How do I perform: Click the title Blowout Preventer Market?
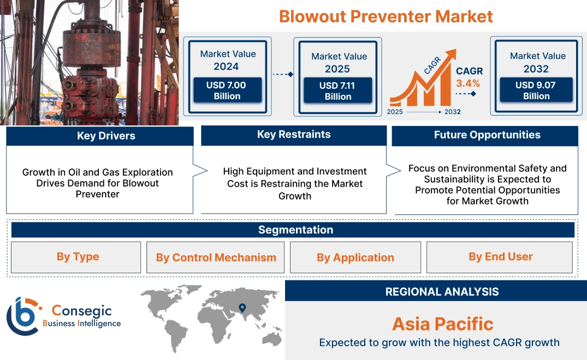[386, 16]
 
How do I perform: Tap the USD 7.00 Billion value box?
[227, 91]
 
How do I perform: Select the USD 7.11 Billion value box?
[338, 91]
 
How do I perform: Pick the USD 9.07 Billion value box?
[536, 91]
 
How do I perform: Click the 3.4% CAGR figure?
[468, 83]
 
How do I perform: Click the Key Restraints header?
[294, 135]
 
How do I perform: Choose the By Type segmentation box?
[78, 257]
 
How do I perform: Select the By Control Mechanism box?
[216, 257]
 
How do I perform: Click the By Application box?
[355, 257]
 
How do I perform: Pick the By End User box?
[500, 257]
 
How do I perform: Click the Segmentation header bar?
[295, 230]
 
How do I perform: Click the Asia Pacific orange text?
[442, 324]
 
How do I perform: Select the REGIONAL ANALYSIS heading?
[442, 292]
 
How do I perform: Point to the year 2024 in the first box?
[226, 67]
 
